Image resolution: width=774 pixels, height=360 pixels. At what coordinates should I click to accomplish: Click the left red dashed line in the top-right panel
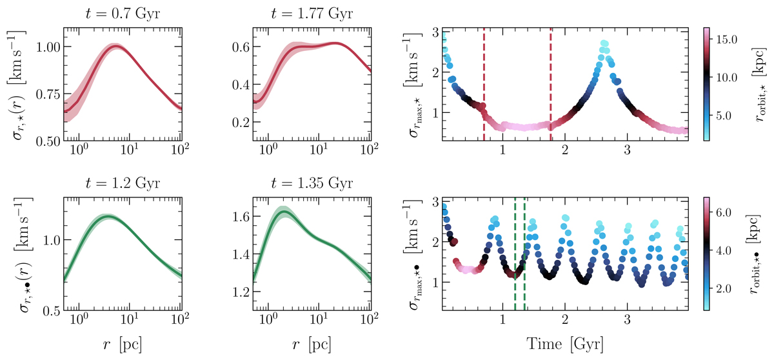pyautogui.click(x=484, y=84)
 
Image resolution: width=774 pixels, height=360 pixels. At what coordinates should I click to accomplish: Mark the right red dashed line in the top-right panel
pyautogui.click(x=551, y=84)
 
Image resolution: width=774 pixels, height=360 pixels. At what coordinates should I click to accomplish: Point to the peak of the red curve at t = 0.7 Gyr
pyautogui.click(x=115, y=46)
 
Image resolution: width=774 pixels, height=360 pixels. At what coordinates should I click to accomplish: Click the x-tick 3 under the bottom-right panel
pyautogui.click(x=627, y=321)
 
